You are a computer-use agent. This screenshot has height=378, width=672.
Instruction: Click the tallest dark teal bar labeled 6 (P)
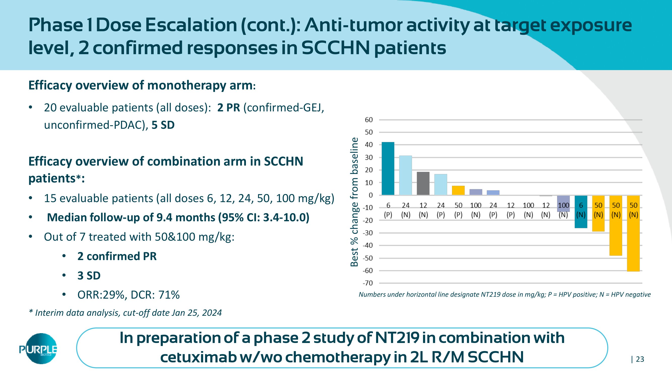pyautogui.click(x=388, y=169)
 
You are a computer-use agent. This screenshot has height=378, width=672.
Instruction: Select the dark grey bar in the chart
pyautogui.click(x=423, y=183)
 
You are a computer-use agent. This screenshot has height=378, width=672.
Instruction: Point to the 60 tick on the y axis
pyautogui.click(x=369, y=120)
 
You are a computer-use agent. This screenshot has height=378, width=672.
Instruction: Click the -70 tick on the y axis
pyautogui.click(x=368, y=283)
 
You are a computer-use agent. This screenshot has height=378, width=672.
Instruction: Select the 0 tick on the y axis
pyautogui.click(x=370, y=195)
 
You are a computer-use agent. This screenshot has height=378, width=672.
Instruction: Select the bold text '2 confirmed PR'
pyautogui.click(x=117, y=256)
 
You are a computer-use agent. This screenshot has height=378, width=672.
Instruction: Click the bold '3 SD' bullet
pyautogui.click(x=89, y=275)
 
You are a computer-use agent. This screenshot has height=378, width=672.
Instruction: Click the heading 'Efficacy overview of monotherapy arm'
pyautogui.click(x=141, y=85)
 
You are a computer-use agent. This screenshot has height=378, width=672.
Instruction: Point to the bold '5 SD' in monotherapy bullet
pyautogui.click(x=163, y=125)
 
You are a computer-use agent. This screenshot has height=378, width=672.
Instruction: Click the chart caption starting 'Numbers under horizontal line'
pyautogui.click(x=504, y=295)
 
